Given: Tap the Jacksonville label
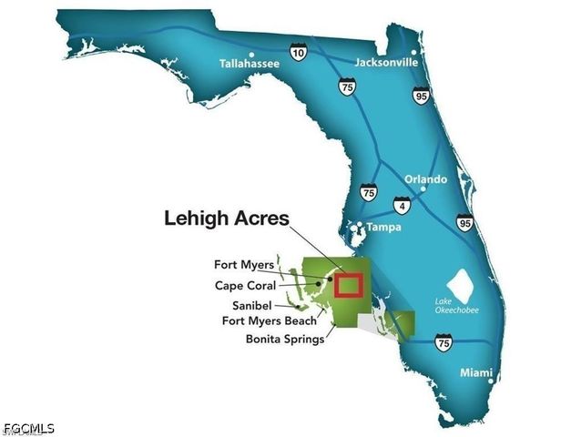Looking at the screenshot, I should click(388, 64).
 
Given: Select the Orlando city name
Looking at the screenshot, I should click(425, 179).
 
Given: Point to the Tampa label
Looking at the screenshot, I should click(382, 226).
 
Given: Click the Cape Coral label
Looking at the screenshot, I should click(245, 285).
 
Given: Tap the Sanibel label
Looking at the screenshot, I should click(251, 304).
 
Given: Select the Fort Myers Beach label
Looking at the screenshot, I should click(270, 320).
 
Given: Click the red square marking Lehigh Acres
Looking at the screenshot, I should click(348, 285).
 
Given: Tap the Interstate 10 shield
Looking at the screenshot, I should click(299, 54).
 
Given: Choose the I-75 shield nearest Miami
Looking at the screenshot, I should click(443, 342).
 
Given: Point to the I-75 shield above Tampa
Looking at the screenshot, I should click(368, 192).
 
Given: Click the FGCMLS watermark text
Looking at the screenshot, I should click(29, 428).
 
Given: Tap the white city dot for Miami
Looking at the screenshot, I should click(491, 381).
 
